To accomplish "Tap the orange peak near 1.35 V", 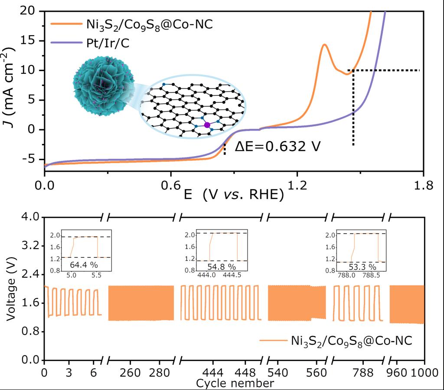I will tap(324, 45).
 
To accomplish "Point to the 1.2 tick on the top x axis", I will tap(297, 186).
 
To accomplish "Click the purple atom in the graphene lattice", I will tap(207, 125).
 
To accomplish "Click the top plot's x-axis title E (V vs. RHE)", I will tap(234, 195).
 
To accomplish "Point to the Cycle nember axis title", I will tap(235, 383).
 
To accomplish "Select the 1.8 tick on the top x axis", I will tap(423, 186).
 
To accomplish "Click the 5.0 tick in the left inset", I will tap(72, 275).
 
